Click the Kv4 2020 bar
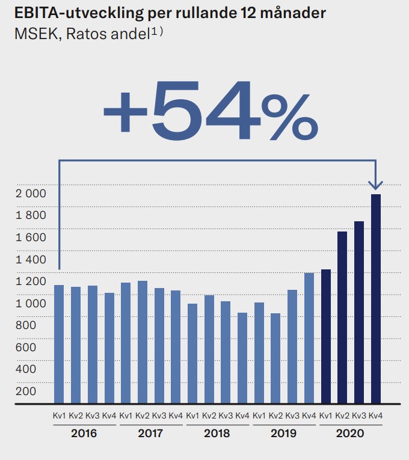pos(376,298)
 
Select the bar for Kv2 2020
pos(342,317)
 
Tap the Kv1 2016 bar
pos(59,344)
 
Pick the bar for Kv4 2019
pos(309,338)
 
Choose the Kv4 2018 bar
pos(242,358)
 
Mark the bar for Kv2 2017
pos(143,342)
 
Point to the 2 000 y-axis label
pos(30,194)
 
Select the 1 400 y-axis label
pos(30,260)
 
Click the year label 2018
pos(217,433)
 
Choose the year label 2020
pos(350,433)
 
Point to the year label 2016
pos(84,433)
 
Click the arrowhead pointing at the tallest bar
pos(377,184)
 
